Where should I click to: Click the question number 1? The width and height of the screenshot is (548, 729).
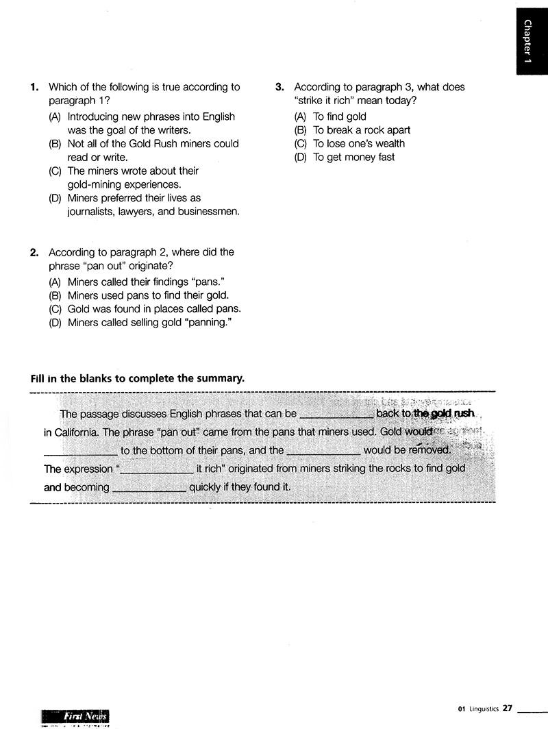click(34, 88)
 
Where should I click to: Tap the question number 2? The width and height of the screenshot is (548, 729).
click(34, 253)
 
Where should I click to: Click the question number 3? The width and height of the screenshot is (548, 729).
click(279, 88)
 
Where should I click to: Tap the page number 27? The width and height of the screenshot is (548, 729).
click(507, 708)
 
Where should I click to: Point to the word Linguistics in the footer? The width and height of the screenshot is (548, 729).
click(484, 709)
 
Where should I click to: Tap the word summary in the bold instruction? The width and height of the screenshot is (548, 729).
click(221, 378)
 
